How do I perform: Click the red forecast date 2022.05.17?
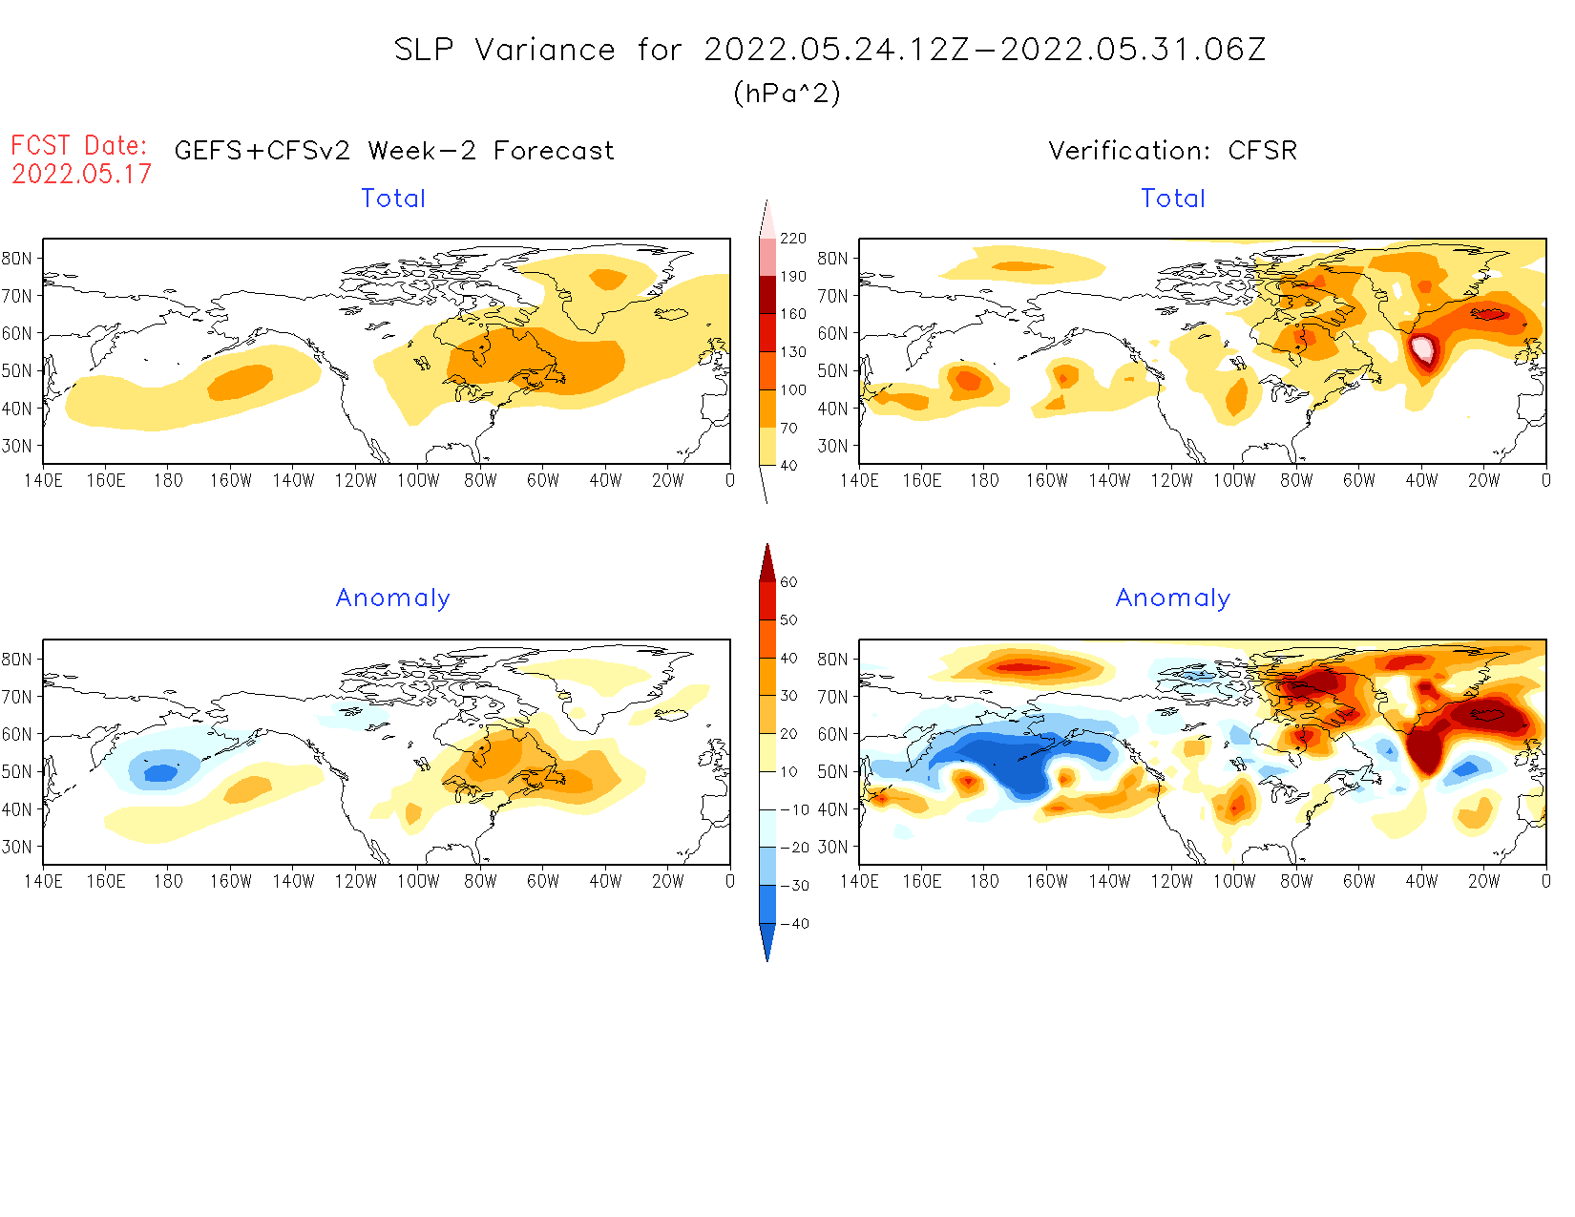click(81, 174)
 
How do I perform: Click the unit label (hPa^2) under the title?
click(787, 93)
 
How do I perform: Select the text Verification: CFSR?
click(1172, 151)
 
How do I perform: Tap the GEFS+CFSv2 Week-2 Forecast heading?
click(394, 151)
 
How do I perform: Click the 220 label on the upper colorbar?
click(792, 239)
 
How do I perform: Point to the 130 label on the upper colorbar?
click(792, 352)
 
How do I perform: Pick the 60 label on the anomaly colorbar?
click(788, 582)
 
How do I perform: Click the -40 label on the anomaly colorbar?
click(794, 924)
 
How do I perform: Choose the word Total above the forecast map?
click(393, 199)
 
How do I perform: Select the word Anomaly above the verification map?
click(1172, 598)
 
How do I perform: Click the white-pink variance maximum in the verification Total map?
click(1422, 349)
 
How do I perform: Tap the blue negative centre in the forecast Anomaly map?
click(161, 770)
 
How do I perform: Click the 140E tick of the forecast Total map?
click(43, 480)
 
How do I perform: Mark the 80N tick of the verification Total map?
click(831, 258)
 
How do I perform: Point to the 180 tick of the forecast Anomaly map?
click(168, 881)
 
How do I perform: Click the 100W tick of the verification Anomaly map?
click(1233, 881)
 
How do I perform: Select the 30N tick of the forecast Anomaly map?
click(16, 847)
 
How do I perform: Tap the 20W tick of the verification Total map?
click(1483, 480)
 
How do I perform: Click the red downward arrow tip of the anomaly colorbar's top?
click(767, 554)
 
